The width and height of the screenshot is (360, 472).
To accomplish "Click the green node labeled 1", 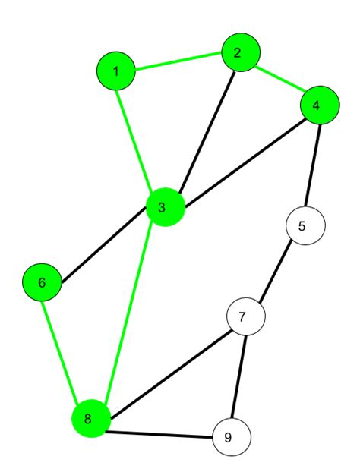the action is click(x=116, y=71).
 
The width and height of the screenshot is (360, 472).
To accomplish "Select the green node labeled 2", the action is click(x=241, y=52).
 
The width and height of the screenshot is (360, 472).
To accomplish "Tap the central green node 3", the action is click(x=165, y=207).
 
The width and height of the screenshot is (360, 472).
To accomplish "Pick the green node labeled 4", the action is click(x=320, y=105).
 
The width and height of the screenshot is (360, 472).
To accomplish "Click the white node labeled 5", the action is click(x=305, y=225).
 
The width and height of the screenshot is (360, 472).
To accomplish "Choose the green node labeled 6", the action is click(x=43, y=282).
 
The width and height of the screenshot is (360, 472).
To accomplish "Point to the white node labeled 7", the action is click(x=246, y=316).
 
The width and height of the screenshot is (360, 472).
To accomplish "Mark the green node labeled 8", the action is click(x=91, y=419).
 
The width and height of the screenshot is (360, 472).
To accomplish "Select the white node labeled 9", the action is click(x=232, y=437).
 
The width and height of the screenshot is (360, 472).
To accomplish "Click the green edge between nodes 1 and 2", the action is click(x=178, y=61).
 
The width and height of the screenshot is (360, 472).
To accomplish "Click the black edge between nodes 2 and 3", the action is click(x=207, y=132).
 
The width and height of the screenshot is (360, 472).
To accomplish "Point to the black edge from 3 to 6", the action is click(x=104, y=244).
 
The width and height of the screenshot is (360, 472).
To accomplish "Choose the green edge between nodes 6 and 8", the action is click(x=60, y=351).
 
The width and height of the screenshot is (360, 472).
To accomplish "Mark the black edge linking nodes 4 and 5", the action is click(x=313, y=165).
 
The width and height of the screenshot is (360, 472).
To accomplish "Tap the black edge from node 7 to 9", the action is click(x=239, y=376).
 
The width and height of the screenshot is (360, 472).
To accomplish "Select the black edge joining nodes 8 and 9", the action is click(x=159, y=435).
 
